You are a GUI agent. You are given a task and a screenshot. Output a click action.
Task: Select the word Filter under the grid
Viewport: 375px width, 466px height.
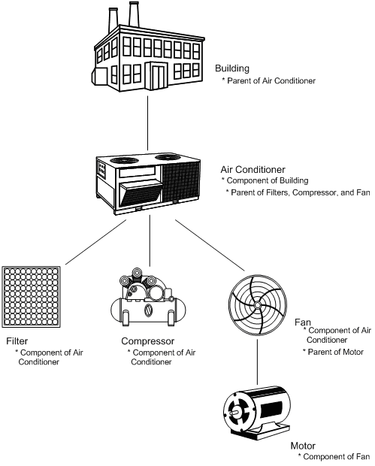tap(17, 340)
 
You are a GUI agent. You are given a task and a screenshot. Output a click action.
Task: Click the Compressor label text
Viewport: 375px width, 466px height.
tap(148, 340)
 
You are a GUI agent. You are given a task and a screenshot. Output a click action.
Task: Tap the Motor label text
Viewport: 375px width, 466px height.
tap(304, 446)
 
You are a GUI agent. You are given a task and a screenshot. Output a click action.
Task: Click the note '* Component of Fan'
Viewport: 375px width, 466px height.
tap(335, 456)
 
